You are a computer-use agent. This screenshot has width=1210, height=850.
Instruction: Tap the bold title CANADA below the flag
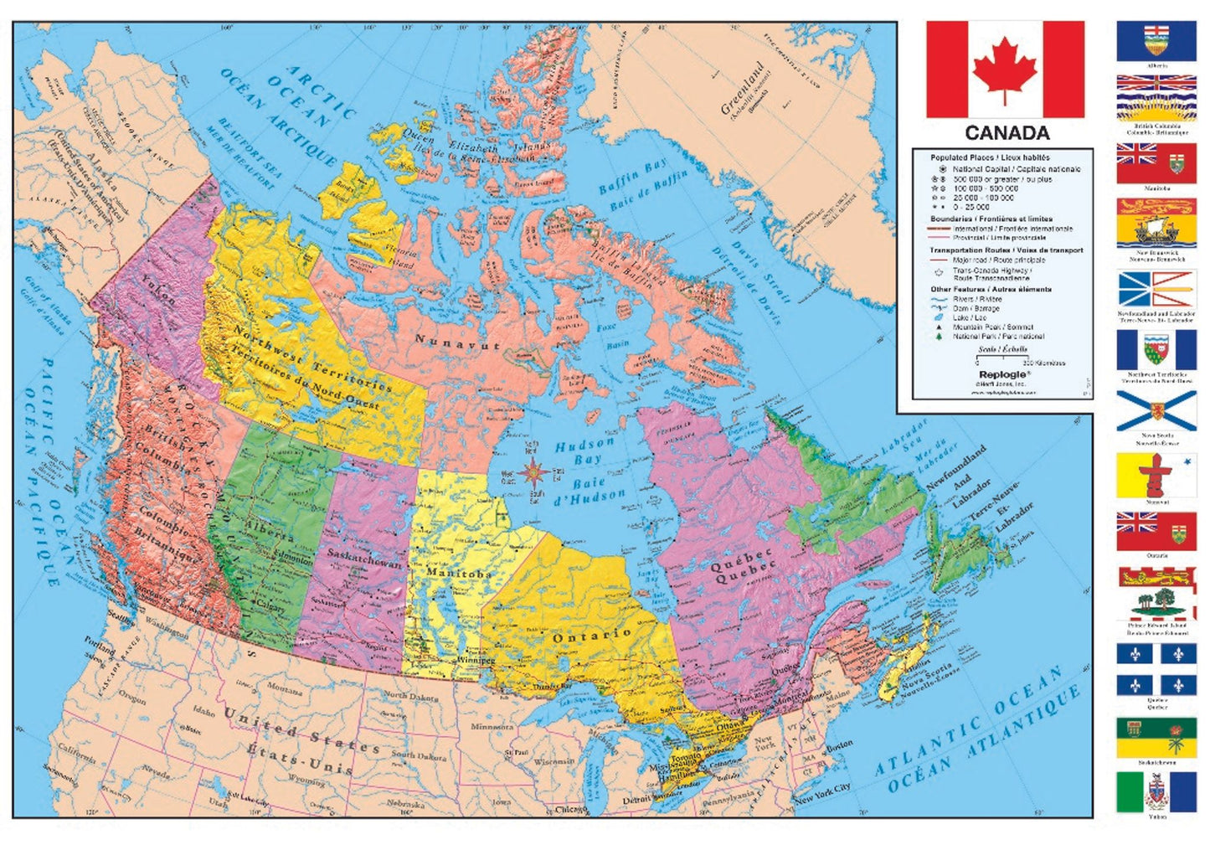(x=1007, y=133)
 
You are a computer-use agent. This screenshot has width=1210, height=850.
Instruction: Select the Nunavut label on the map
(x=457, y=341)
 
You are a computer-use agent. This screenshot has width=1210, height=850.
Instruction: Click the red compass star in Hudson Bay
(x=533, y=474)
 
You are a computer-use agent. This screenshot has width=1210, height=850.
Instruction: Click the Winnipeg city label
(x=476, y=660)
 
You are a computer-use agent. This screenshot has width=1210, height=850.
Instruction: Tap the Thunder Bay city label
(x=552, y=687)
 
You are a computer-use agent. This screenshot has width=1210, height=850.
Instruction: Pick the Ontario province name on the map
(x=590, y=636)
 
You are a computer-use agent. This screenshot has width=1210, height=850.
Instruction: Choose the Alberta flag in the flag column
(x=1156, y=41)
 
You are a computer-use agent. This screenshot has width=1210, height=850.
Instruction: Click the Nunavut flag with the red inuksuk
(x=1156, y=475)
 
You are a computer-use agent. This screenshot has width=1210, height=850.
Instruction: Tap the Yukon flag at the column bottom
(x=1156, y=791)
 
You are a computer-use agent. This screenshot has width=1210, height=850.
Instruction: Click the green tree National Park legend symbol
(x=940, y=337)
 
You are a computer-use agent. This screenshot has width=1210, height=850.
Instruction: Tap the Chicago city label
(x=570, y=809)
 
